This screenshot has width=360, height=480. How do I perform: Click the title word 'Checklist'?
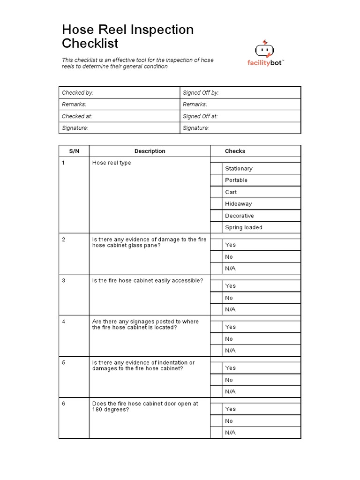click(x=90, y=44)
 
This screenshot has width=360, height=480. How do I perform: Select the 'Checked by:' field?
click(x=120, y=93)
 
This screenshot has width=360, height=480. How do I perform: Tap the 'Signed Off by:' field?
click(x=240, y=93)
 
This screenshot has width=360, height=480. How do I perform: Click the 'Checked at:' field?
click(x=120, y=116)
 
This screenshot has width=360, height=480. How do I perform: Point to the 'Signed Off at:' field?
click(x=240, y=116)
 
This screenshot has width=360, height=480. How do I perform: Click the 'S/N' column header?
click(x=74, y=151)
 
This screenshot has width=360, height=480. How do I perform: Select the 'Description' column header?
click(x=150, y=151)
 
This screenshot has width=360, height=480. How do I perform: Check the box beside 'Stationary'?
click(x=216, y=168)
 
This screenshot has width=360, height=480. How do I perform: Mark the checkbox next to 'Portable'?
click(x=216, y=180)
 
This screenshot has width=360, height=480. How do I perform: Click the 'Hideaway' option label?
click(x=238, y=204)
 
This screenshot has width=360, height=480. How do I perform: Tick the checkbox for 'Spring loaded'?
click(x=216, y=227)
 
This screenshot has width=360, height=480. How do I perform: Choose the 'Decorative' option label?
click(x=239, y=216)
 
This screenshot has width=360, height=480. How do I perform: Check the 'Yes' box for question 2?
click(x=216, y=245)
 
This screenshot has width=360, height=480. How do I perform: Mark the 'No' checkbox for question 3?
click(x=216, y=298)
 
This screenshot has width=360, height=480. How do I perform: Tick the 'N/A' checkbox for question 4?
click(x=216, y=350)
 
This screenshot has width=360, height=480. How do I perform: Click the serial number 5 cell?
click(x=74, y=363)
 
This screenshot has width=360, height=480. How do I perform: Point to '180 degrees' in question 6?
click(x=110, y=410)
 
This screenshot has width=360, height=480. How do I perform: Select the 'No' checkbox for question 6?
click(x=216, y=421)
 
